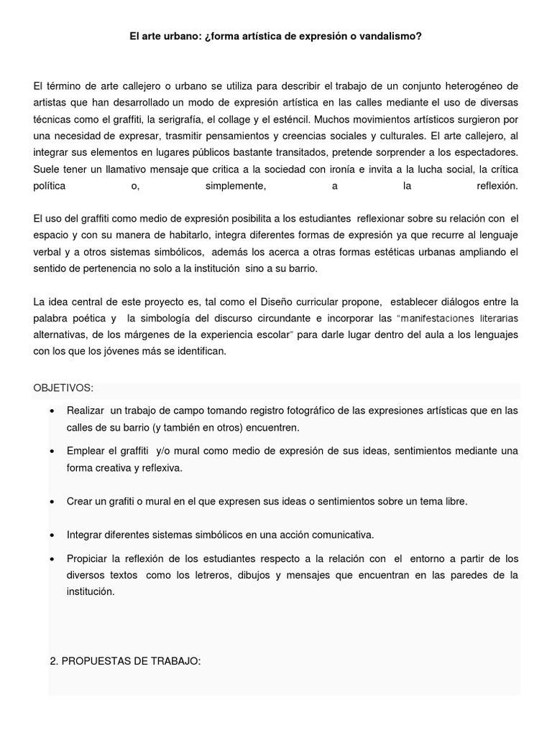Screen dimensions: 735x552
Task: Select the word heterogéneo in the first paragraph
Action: [469, 86]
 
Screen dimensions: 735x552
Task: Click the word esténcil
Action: [290, 119]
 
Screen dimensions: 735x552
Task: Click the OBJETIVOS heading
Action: [63, 388]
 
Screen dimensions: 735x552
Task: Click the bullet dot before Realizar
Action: [53, 411]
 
